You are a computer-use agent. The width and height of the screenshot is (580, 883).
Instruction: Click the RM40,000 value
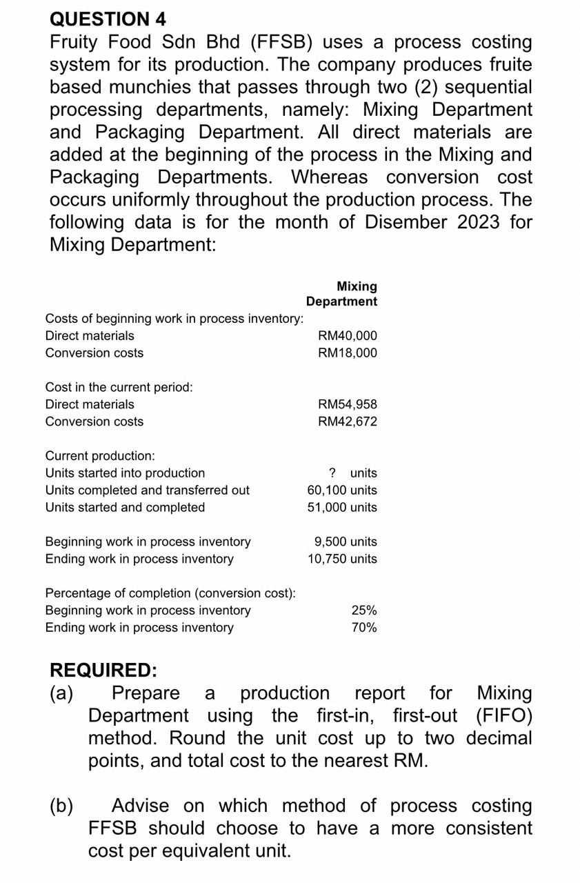point(347,336)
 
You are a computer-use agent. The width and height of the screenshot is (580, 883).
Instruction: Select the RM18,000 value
point(347,353)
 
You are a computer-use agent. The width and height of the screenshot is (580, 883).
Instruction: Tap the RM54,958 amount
point(347,404)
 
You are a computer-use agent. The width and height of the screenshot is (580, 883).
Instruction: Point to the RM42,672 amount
point(347,421)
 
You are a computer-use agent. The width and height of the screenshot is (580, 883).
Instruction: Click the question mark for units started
point(332,473)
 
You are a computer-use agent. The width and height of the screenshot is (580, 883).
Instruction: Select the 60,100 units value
point(342,490)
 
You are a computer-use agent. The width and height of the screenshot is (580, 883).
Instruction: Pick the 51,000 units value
point(342,508)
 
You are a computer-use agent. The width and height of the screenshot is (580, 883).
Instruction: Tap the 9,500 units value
point(346,542)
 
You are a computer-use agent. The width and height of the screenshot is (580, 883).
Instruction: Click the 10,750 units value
point(342,559)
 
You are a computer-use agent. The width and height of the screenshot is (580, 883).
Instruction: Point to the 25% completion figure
point(363,611)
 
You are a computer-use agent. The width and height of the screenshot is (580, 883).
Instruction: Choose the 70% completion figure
point(363,628)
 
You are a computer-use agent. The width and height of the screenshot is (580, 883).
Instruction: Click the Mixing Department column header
point(342,294)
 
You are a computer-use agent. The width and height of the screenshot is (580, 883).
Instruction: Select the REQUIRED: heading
point(103,670)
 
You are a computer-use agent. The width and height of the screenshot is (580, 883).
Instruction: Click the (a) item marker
point(62,693)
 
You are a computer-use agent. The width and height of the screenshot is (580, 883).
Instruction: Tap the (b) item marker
point(62,806)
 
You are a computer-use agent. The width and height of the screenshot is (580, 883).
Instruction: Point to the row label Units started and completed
point(125,508)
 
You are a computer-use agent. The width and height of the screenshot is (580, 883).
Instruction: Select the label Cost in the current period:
point(119,388)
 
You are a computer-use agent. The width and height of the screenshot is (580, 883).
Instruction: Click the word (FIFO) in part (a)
point(503,715)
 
